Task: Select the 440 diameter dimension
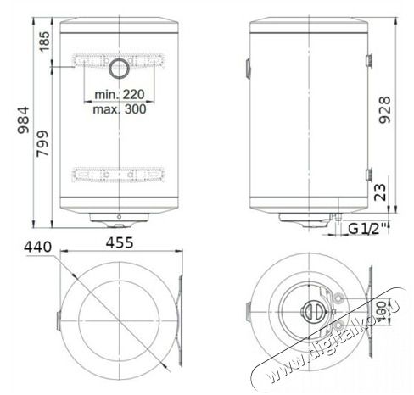[40, 246]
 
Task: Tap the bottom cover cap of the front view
[118, 220]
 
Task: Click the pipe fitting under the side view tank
[338, 223]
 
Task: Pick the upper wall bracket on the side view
[370, 59]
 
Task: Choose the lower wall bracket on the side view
[370, 175]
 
